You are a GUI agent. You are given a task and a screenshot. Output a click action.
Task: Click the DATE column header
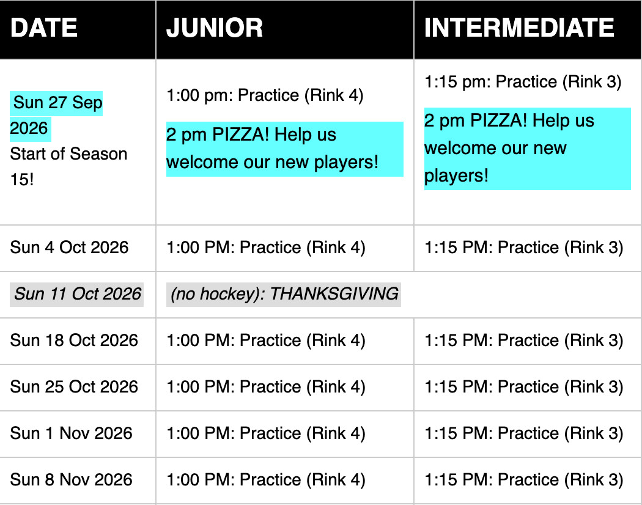(x=44, y=28)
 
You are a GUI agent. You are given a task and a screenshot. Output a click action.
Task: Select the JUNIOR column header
(x=214, y=28)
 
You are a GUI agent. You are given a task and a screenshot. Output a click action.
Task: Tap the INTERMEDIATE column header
(x=519, y=28)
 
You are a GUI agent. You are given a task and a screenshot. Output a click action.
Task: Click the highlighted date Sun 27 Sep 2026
(x=56, y=116)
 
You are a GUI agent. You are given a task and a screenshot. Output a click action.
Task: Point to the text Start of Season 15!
(x=68, y=167)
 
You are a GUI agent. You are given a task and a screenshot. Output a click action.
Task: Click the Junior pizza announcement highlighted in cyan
(x=284, y=149)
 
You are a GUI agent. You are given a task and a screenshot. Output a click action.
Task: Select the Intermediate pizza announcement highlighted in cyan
(x=527, y=149)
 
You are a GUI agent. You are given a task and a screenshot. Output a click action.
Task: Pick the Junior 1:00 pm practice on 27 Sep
(x=265, y=95)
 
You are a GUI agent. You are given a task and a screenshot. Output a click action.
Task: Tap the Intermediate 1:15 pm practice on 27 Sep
(x=523, y=82)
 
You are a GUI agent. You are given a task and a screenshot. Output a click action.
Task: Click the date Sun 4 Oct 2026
(x=69, y=248)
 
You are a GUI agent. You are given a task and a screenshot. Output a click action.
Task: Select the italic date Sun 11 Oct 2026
(x=77, y=294)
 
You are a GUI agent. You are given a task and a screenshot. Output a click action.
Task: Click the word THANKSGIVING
(x=334, y=294)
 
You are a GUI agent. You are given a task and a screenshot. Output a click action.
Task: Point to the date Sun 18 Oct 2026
(x=74, y=341)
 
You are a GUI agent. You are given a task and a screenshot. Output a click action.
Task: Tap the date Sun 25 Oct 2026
(x=74, y=387)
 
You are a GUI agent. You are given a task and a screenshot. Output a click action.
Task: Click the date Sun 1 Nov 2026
(x=72, y=433)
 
